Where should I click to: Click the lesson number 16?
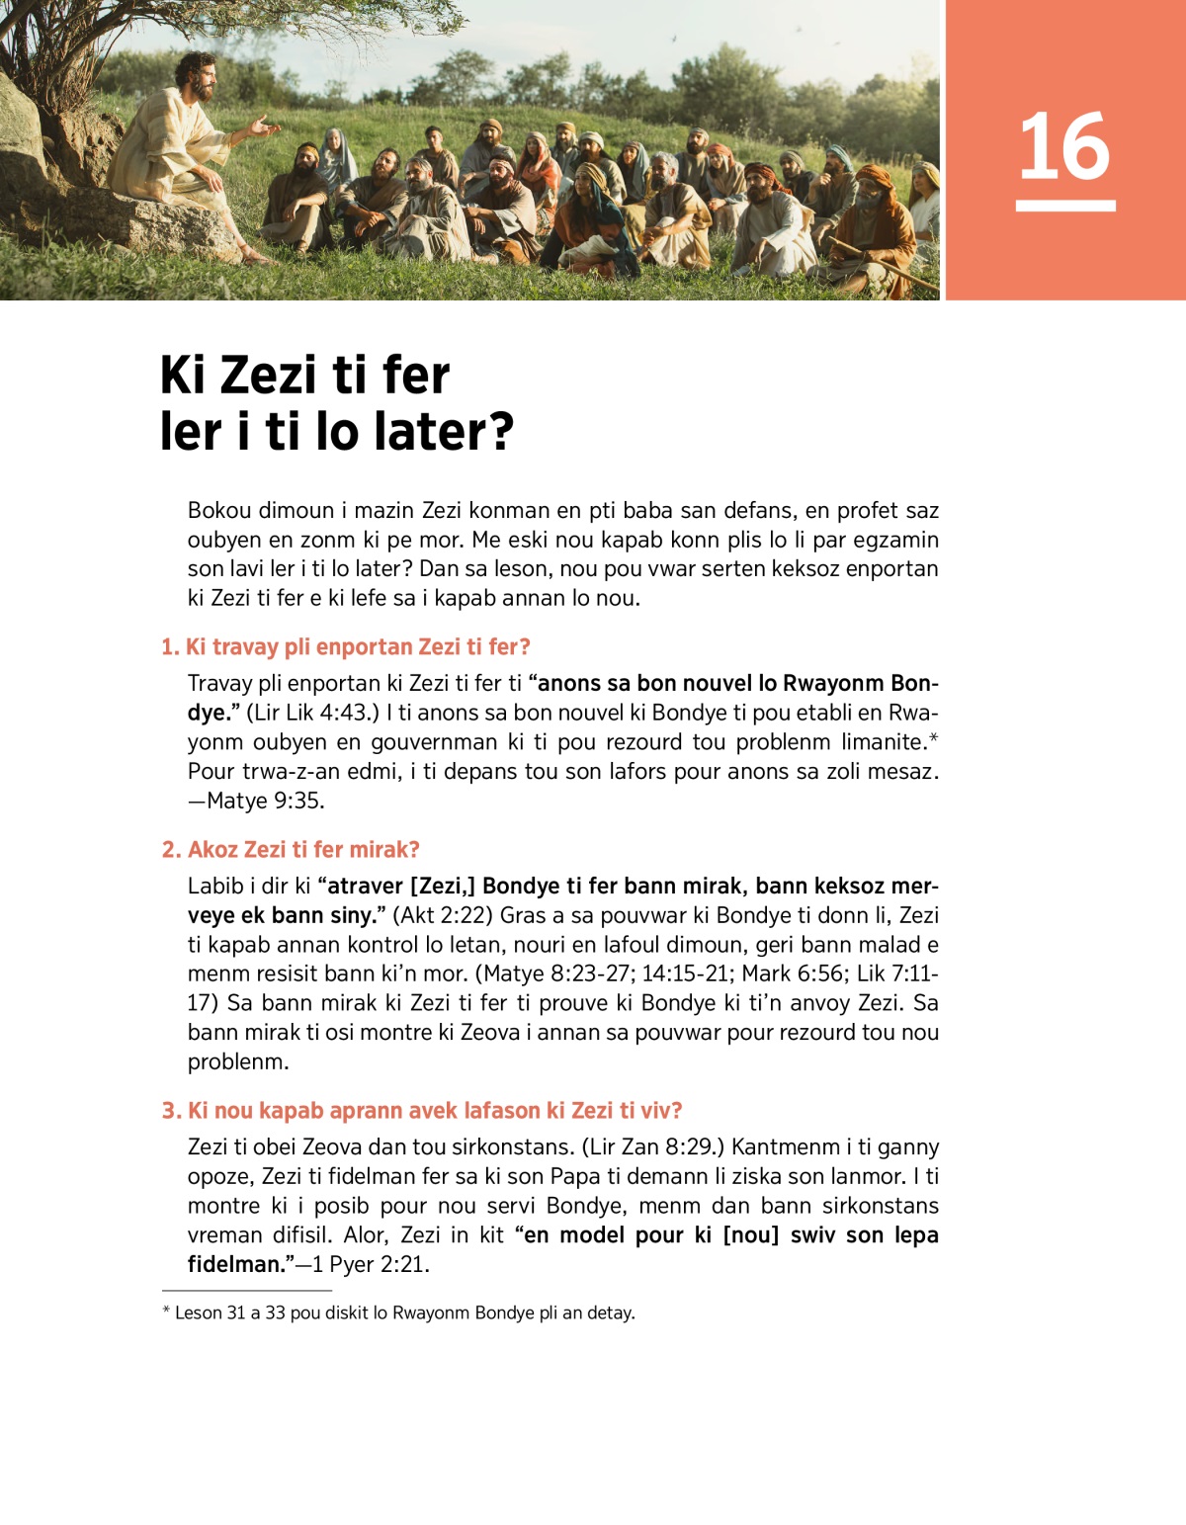coord(1064,146)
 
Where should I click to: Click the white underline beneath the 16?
coord(1064,206)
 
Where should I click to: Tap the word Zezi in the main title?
coord(269,377)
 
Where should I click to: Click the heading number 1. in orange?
coord(170,647)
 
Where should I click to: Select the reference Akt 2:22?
coord(452,915)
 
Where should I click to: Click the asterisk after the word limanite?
coord(933,738)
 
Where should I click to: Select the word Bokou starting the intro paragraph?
coord(218,511)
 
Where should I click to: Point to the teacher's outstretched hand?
coord(265,126)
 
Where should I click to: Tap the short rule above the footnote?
coord(246,1290)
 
